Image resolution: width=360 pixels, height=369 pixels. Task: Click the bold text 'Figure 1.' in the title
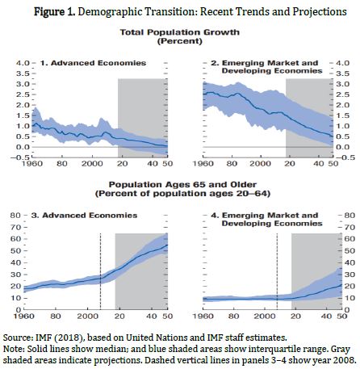tap(54, 12)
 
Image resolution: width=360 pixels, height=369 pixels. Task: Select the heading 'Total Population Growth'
tap(179, 32)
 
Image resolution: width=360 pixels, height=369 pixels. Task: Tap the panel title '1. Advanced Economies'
tap(93, 63)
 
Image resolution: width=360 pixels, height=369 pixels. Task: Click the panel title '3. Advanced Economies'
tap(84, 216)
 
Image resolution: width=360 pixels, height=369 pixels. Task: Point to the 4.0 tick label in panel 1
tap(23, 63)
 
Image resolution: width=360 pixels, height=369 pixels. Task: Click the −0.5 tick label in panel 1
tap(20, 157)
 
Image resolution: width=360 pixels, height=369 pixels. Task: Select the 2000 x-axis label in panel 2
tap(260, 164)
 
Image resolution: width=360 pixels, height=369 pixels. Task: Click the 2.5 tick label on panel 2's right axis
tap(343, 94)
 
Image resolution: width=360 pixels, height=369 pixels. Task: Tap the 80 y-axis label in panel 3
tap(15, 216)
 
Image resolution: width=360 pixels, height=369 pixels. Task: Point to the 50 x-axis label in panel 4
tap(342, 316)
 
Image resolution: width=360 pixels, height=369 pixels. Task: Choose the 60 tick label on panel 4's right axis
tap(350, 239)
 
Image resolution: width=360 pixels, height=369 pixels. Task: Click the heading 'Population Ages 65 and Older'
tap(182, 185)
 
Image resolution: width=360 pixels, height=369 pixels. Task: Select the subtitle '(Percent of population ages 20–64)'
tap(182, 194)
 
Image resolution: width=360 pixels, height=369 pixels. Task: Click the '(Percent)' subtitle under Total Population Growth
tap(179, 41)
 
